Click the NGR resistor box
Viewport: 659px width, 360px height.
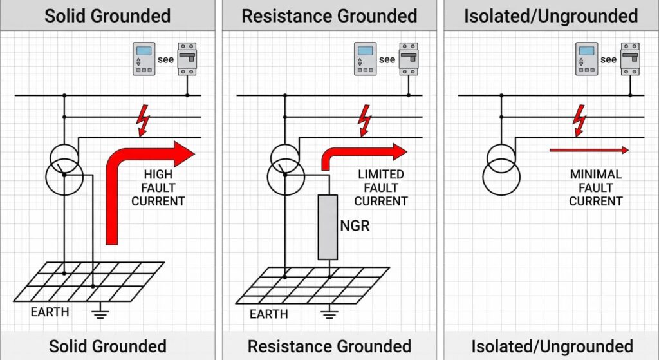(x=328, y=227)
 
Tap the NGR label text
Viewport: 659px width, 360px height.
(x=355, y=226)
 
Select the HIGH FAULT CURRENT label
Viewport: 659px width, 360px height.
(x=158, y=187)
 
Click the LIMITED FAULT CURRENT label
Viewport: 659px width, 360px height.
(x=381, y=187)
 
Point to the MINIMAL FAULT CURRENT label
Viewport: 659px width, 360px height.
(x=595, y=187)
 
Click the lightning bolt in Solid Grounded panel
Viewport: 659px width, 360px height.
(x=143, y=120)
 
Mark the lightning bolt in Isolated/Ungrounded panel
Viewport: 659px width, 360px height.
(x=580, y=120)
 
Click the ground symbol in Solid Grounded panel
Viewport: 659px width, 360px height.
(x=100, y=311)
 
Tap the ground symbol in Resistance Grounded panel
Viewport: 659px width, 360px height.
(x=329, y=312)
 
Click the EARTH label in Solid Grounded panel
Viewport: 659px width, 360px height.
(x=50, y=312)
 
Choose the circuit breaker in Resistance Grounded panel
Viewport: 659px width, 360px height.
(x=409, y=59)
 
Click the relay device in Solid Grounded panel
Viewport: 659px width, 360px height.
(x=144, y=59)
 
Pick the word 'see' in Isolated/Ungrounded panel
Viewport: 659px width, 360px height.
(x=608, y=59)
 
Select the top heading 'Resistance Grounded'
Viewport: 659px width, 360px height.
(x=329, y=16)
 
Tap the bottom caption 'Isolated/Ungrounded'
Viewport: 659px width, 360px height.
(x=552, y=346)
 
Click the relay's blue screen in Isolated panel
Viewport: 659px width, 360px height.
(x=587, y=51)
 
